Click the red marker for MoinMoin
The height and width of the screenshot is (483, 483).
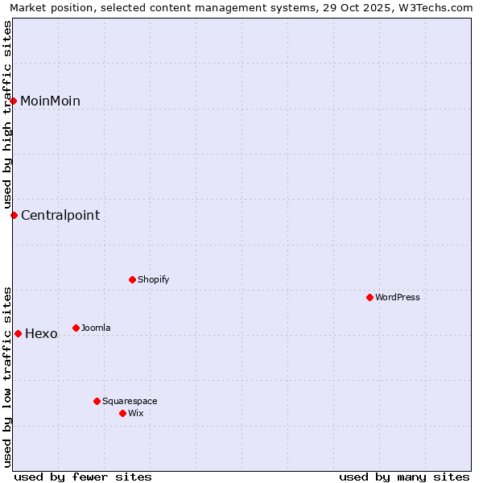pyautogui.click(x=14, y=101)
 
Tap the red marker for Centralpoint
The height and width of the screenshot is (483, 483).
pyautogui.click(x=14, y=215)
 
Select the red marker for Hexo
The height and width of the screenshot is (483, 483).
pyautogui.click(x=18, y=333)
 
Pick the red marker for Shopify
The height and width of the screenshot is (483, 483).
pyautogui.click(x=132, y=279)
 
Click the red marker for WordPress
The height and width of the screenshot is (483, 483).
pyautogui.click(x=369, y=297)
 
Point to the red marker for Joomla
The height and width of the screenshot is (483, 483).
pyautogui.click(x=76, y=328)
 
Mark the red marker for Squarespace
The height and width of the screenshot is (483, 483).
pyautogui.click(x=97, y=401)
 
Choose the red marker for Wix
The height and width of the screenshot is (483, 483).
pyautogui.click(x=122, y=413)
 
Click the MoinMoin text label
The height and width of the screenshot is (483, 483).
pyautogui.click(x=50, y=101)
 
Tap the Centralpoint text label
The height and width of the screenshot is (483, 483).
pyautogui.click(x=60, y=215)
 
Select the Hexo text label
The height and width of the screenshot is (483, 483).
pyautogui.click(x=41, y=334)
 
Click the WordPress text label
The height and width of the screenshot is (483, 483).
pyautogui.click(x=398, y=297)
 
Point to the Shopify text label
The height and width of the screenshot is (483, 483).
pyautogui.click(x=153, y=279)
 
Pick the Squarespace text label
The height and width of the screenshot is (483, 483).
pyautogui.click(x=130, y=401)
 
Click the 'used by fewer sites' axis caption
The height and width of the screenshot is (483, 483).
pyautogui.click(x=83, y=477)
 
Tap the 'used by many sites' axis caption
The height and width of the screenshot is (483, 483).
pyautogui.click(x=404, y=477)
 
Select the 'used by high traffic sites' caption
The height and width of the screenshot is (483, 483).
pyautogui.click(x=7, y=114)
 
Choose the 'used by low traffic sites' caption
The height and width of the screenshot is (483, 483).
pyautogui.click(x=7, y=377)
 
